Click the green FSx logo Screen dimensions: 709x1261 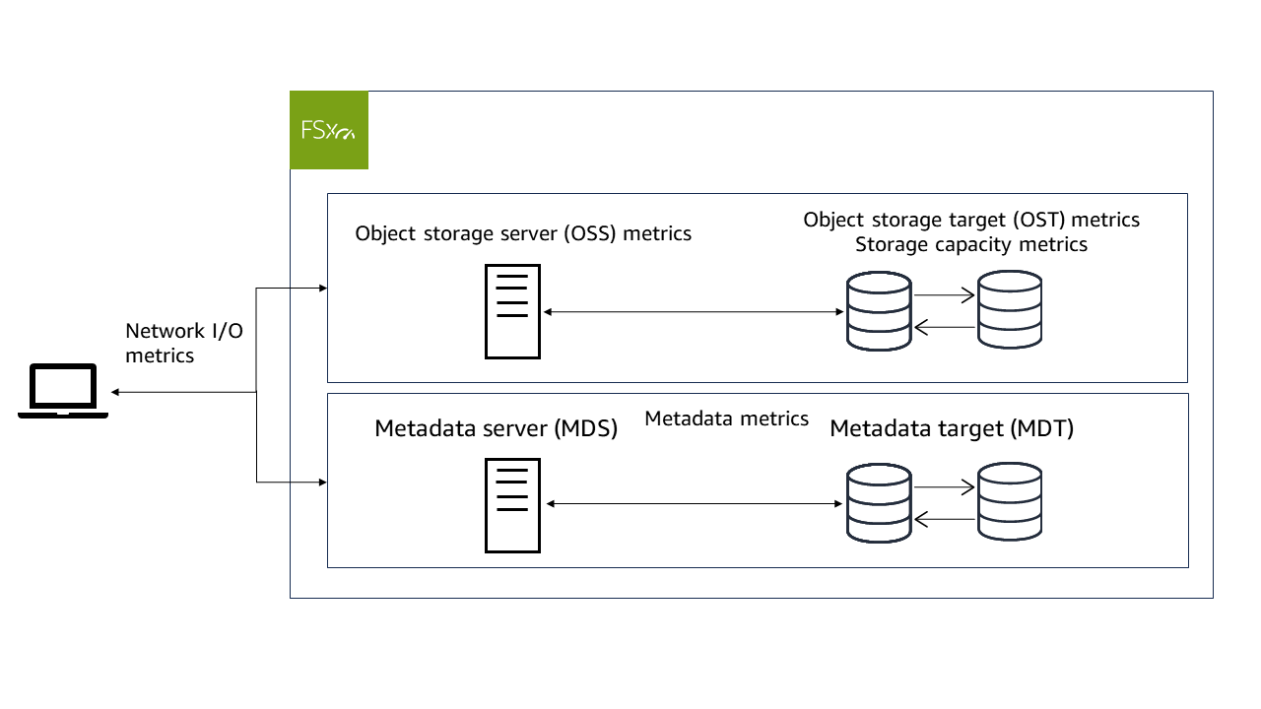(x=329, y=130)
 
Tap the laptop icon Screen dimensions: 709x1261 (x=63, y=391)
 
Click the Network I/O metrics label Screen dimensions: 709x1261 (x=183, y=343)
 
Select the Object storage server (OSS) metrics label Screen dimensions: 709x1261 (x=523, y=233)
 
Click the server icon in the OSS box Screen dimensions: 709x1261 (x=512, y=311)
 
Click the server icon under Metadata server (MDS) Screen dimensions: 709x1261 (x=512, y=504)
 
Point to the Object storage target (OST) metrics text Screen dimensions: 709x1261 (x=971, y=220)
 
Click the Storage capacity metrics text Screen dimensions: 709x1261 (x=971, y=244)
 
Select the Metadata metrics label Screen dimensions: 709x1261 (x=726, y=419)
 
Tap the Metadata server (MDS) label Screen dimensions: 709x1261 (x=496, y=429)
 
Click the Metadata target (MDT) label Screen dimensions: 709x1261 (x=951, y=429)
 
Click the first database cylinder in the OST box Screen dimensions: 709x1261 (x=879, y=311)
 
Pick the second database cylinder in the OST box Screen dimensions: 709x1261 (x=1009, y=310)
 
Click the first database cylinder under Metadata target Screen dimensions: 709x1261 (x=879, y=503)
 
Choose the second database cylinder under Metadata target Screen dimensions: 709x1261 (x=1009, y=503)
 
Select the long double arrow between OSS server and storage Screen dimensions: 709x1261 (x=694, y=312)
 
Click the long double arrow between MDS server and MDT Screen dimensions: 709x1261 (x=694, y=504)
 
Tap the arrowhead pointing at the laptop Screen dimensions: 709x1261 (x=116, y=392)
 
